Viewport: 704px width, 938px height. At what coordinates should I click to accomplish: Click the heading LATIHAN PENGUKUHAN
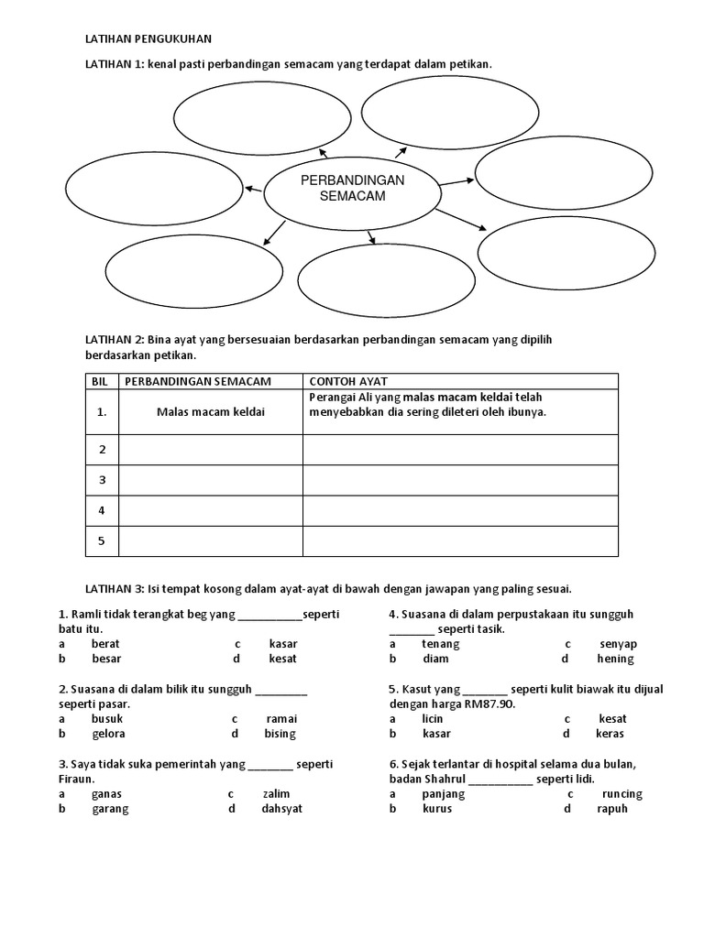[x=148, y=39]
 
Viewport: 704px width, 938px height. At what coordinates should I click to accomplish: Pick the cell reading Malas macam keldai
[x=211, y=412]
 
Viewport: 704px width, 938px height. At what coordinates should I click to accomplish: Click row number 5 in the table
[x=103, y=540]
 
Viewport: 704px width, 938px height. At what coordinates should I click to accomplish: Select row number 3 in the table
[x=103, y=480]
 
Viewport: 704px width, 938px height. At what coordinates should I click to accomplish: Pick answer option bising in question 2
[x=280, y=734]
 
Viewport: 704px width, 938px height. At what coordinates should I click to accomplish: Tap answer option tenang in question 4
[x=440, y=644]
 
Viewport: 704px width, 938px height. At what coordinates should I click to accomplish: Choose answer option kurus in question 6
[x=437, y=809]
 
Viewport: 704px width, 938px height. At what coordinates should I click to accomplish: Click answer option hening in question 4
[x=615, y=659]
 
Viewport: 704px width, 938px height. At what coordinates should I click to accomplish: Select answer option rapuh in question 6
[x=612, y=809]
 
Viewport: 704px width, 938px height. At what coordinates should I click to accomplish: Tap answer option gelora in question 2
[x=108, y=734]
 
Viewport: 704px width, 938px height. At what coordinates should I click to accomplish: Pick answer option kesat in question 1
[x=283, y=659]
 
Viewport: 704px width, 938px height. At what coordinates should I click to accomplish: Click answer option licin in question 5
[x=433, y=719]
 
